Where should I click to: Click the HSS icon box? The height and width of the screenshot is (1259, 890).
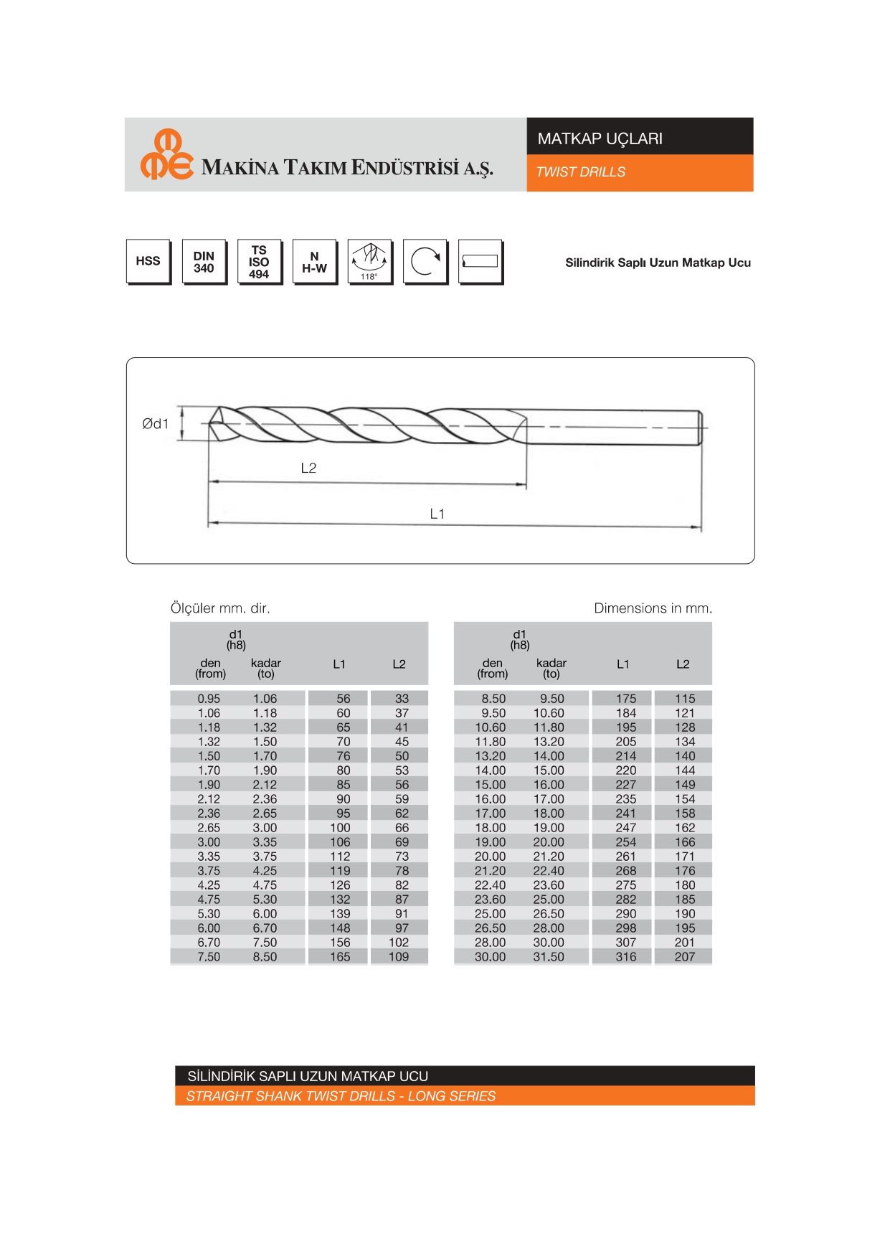(148, 261)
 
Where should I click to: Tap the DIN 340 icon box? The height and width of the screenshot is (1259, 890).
(204, 261)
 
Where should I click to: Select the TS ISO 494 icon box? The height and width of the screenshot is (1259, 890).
(259, 261)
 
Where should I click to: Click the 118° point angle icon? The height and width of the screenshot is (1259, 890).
(369, 261)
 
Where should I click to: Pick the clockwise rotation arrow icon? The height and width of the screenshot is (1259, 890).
(425, 261)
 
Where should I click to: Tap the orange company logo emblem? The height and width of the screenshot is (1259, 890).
(166, 154)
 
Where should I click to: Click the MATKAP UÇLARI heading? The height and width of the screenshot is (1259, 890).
(600, 138)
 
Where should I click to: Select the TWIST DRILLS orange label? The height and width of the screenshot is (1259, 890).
(580, 172)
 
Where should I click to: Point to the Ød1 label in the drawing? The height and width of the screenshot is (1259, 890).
(155, 424)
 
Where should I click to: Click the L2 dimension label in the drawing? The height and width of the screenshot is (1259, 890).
(308, 468)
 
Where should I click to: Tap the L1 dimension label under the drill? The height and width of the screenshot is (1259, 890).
(437, 514)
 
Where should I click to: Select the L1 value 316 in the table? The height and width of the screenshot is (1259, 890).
(625, 956)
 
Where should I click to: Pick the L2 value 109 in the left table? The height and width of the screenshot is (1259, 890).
(399, 956)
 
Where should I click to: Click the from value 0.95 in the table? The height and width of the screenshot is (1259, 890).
(209, 698)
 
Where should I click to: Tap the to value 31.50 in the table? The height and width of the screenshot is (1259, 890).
(549, 956)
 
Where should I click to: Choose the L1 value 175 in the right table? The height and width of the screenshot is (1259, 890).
(625, 698)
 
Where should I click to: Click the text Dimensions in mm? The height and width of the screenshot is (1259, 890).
(653, 608)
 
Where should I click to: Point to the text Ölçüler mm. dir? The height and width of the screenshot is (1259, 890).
(220, 608)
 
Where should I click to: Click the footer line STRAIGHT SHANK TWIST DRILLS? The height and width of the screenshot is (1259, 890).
(341, 1096)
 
